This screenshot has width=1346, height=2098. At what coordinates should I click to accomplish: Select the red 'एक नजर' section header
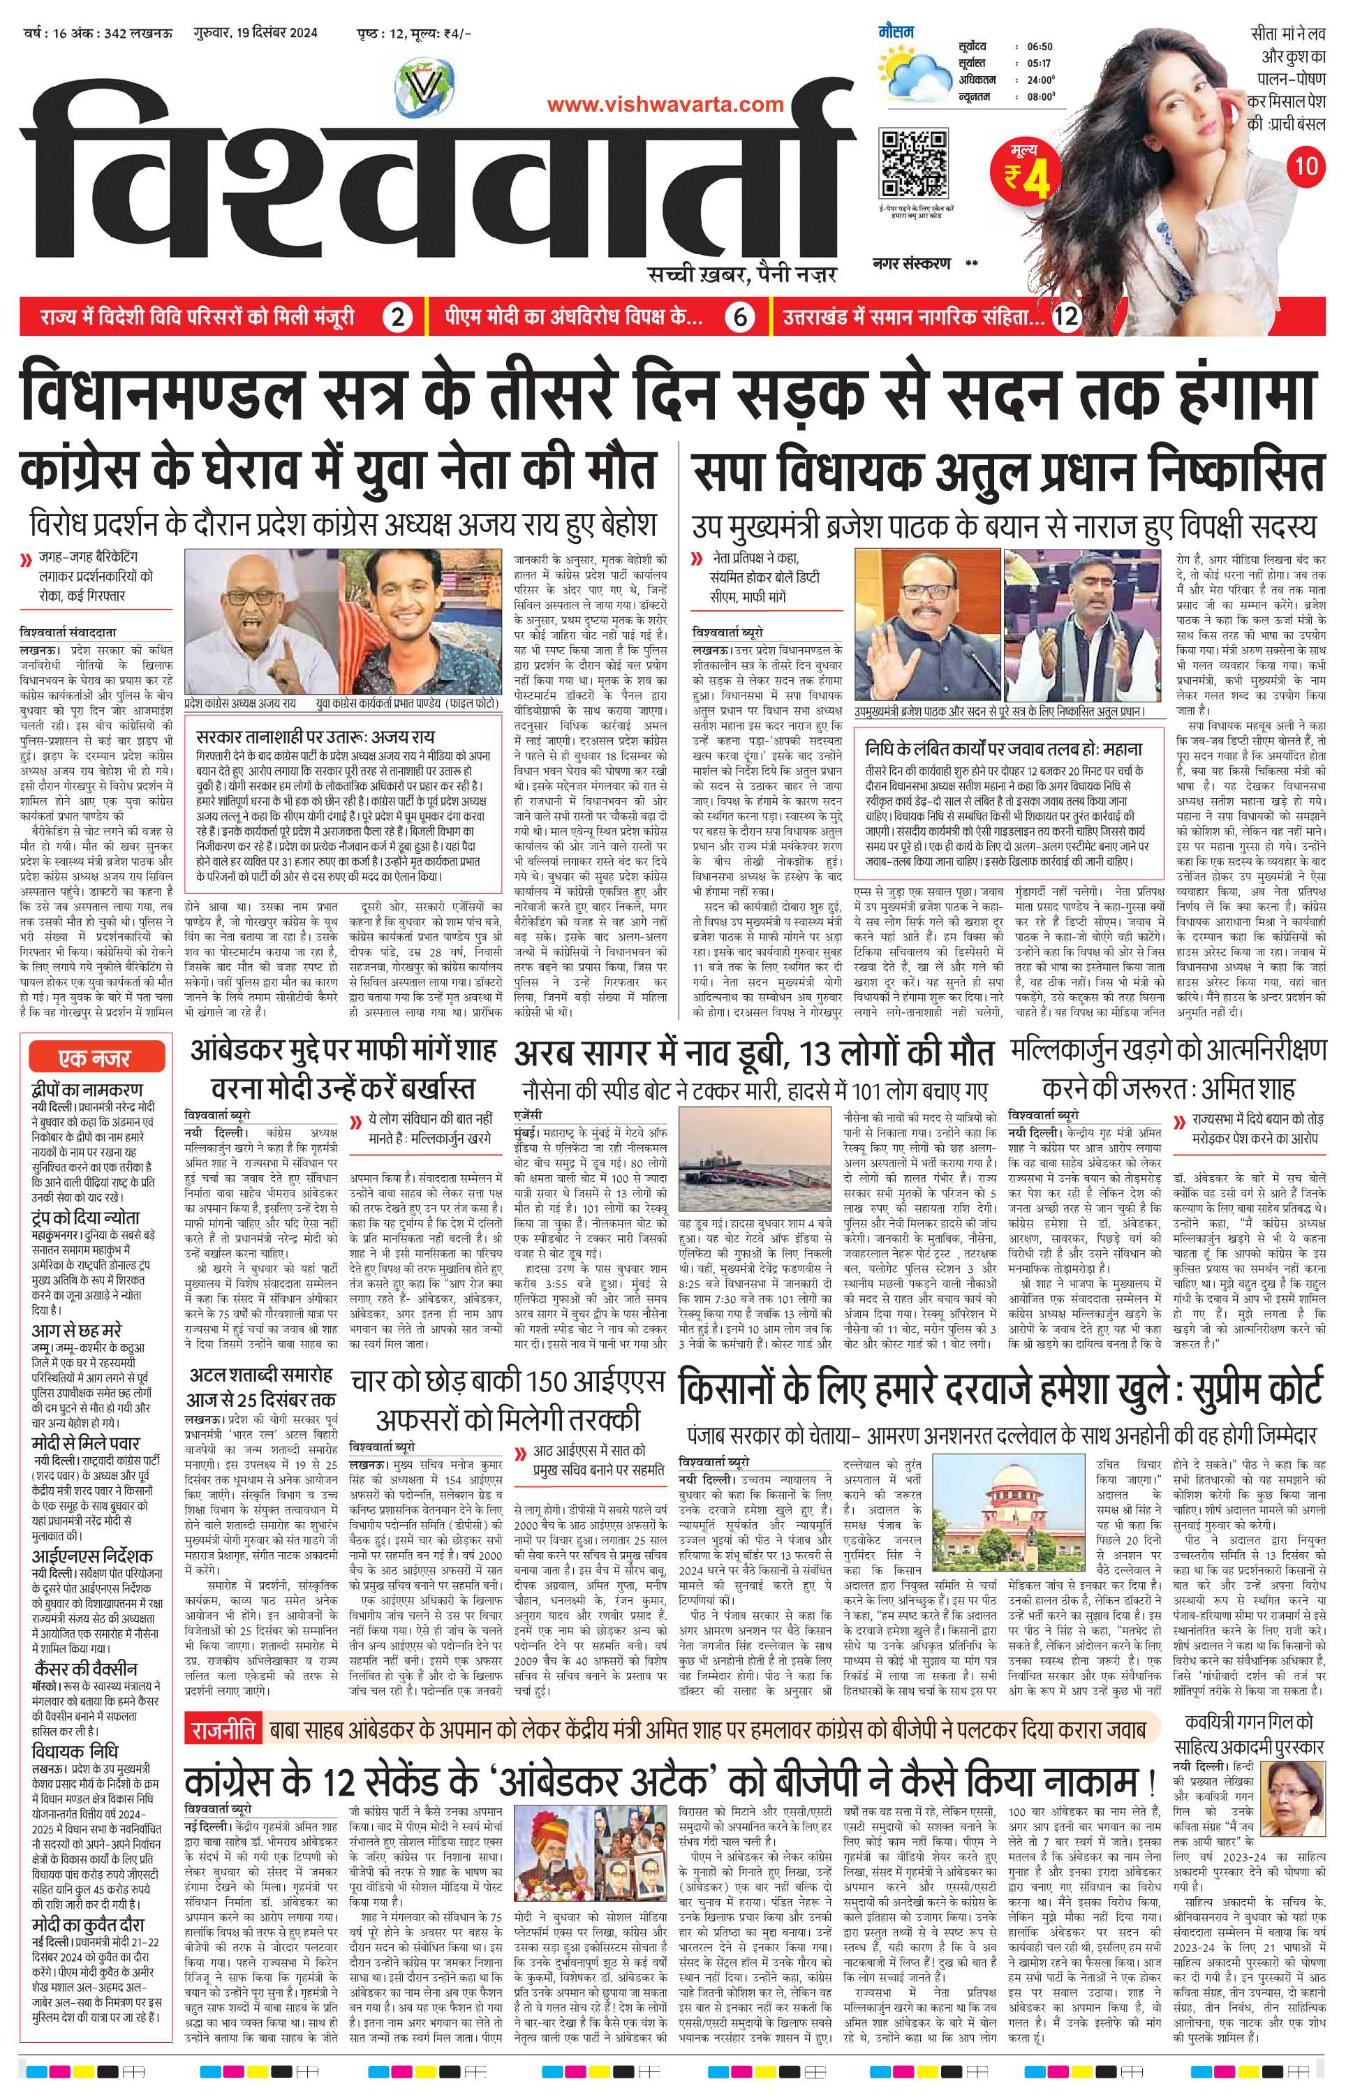click(x=94, y=1058)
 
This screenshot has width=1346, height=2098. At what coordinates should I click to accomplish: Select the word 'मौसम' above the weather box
click(x=896, y=32)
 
